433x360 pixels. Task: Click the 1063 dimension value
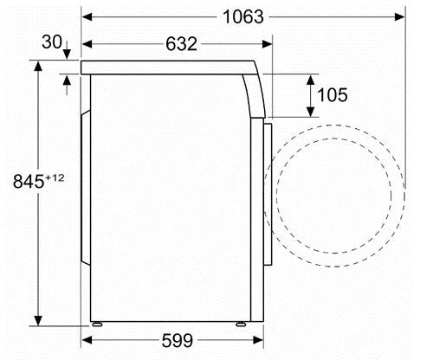(243, 16)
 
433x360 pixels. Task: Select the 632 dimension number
(181, 44)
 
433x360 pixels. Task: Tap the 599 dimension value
(178, 340)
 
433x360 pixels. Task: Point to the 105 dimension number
(333, 95)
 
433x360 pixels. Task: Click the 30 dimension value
(52, 42)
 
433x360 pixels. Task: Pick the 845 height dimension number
(29, 182)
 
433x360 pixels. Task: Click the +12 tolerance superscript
(55, 177)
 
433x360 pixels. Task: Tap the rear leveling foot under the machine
(97, 325)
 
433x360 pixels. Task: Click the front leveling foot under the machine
(241, 325)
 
